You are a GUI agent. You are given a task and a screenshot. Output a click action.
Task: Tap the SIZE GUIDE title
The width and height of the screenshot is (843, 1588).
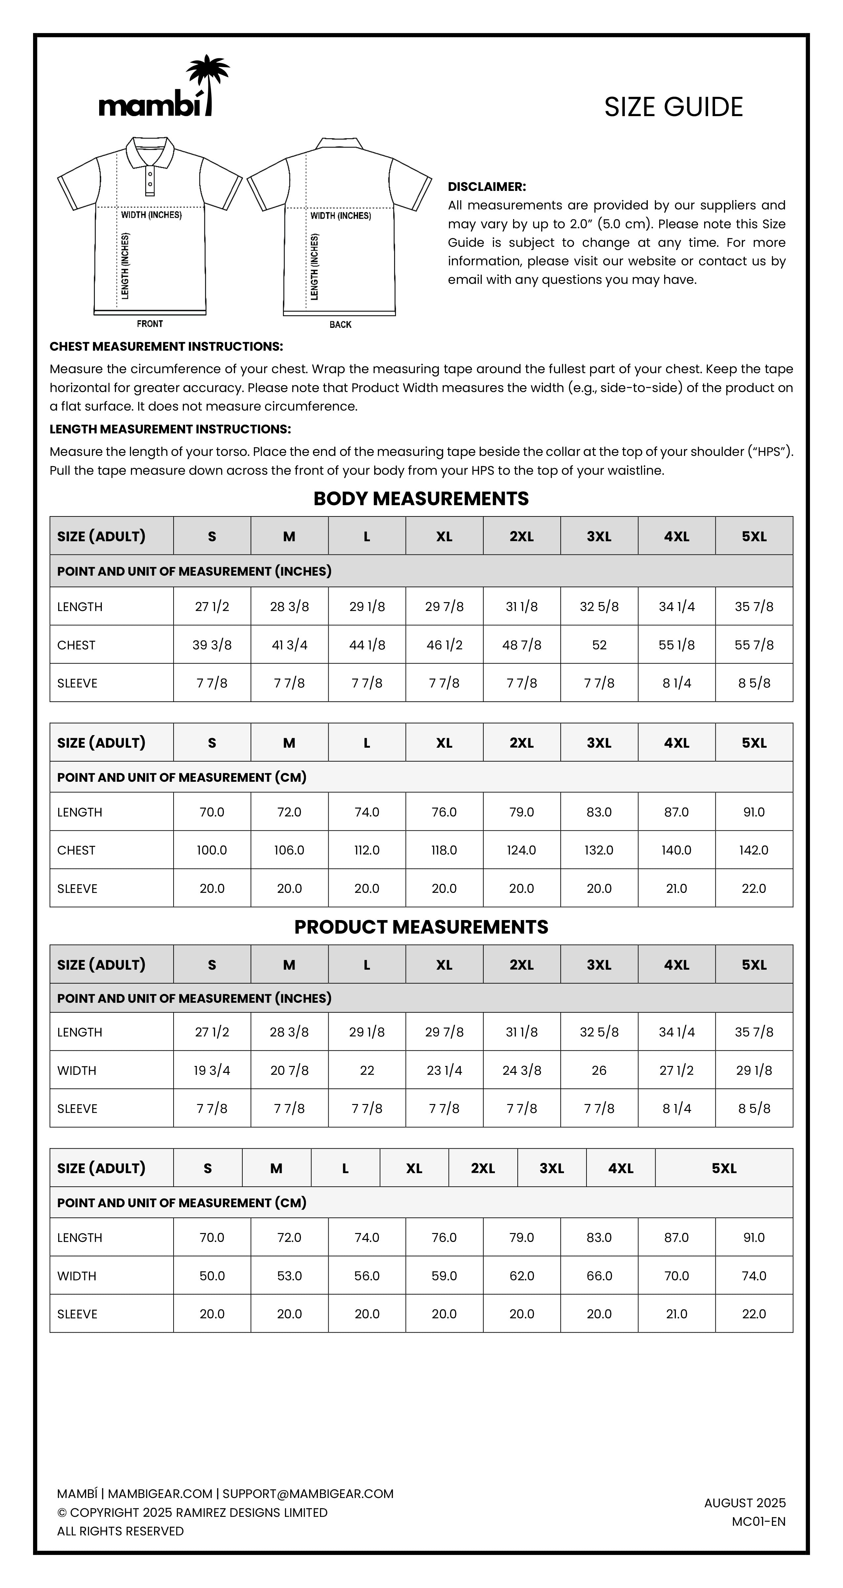click(673, 107)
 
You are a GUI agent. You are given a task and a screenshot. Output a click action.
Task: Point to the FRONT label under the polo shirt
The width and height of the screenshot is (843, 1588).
click(150, 324)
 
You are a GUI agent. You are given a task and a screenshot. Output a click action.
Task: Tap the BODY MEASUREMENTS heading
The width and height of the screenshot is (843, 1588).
click(421, 498)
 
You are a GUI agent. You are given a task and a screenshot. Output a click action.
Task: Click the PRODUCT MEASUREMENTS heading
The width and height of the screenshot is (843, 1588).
click(421, 927)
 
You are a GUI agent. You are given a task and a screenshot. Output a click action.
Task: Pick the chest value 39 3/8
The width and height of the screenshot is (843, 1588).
click(212, 645)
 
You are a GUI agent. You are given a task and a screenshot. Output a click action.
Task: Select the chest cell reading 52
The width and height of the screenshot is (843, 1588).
click(599, 645)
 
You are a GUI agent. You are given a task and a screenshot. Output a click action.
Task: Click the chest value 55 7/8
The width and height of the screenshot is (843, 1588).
click(754, 645)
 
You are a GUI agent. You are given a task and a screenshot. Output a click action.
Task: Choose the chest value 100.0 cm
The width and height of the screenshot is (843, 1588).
click(212, 850)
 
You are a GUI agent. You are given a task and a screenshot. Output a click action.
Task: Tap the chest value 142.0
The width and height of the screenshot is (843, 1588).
click(754, 850)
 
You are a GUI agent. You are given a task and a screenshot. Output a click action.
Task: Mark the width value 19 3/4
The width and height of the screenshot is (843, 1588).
click(212, 1070)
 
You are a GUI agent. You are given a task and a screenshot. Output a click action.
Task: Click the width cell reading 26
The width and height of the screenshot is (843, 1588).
click(599, 1070)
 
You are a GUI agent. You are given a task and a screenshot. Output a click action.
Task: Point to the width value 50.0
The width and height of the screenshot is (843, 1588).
click(212, 1275)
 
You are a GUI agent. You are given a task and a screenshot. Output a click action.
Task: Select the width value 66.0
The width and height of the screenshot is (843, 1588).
click(599, 1275)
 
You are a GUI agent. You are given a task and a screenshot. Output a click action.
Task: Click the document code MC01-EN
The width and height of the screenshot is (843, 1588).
click(759, 1522)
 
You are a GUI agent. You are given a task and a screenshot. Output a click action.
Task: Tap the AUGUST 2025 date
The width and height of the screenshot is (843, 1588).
click(745, 1503)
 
